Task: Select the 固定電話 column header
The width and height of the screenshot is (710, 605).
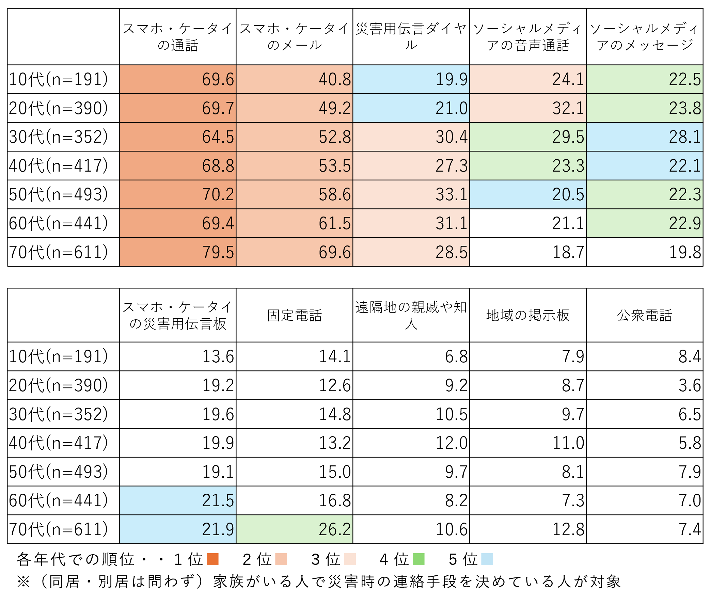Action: [x=294, y=315]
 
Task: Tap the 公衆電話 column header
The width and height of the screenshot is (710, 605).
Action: [x=644, y=315]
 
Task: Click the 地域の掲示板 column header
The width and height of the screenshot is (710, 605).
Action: [x=528, y=315]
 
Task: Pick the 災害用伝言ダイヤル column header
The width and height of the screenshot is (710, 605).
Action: [x=411, y=37]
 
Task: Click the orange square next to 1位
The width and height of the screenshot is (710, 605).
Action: [x=212, y=559]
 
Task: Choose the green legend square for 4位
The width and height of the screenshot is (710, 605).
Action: [x=419, y=559]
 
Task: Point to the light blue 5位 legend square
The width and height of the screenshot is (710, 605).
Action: [x=487, y=559]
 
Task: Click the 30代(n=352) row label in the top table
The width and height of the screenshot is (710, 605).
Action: [x=58, y=137]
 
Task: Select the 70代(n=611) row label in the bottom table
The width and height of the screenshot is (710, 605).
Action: [x=58, y=529]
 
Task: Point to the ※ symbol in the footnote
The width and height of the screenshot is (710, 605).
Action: [x=23, y=582]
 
